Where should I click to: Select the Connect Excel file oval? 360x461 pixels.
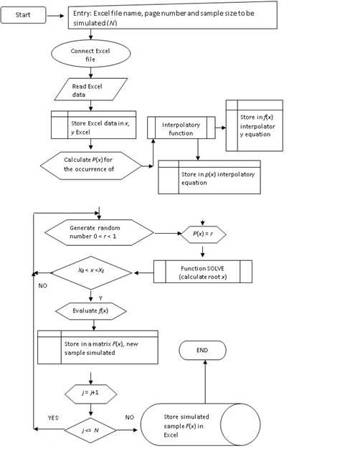tap(90, 55)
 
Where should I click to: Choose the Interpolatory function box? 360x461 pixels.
tap(184, 128)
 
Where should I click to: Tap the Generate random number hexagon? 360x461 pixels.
tap(100, 233)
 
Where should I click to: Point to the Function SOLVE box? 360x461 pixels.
tap(204, 273)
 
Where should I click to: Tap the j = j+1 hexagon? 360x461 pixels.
tap(91, 393)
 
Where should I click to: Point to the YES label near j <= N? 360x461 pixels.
tap(53, 417)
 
